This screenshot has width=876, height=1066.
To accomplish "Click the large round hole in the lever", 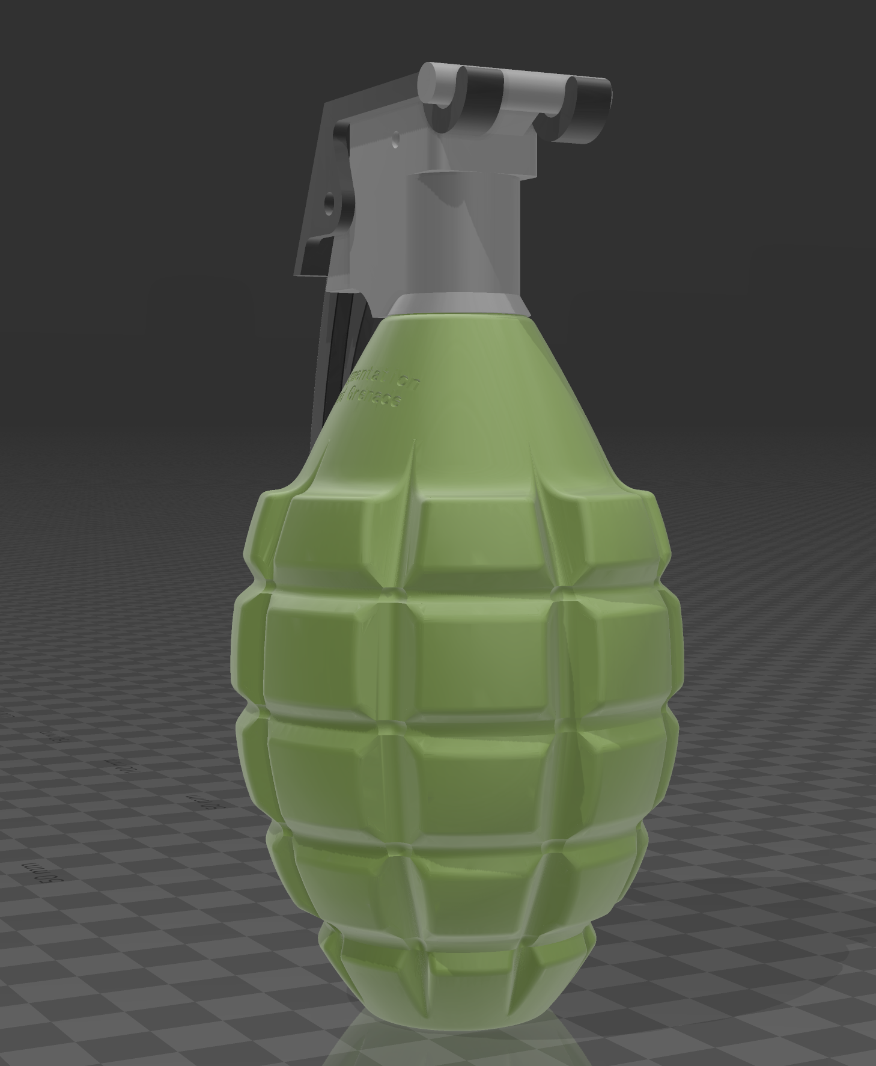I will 329,205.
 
